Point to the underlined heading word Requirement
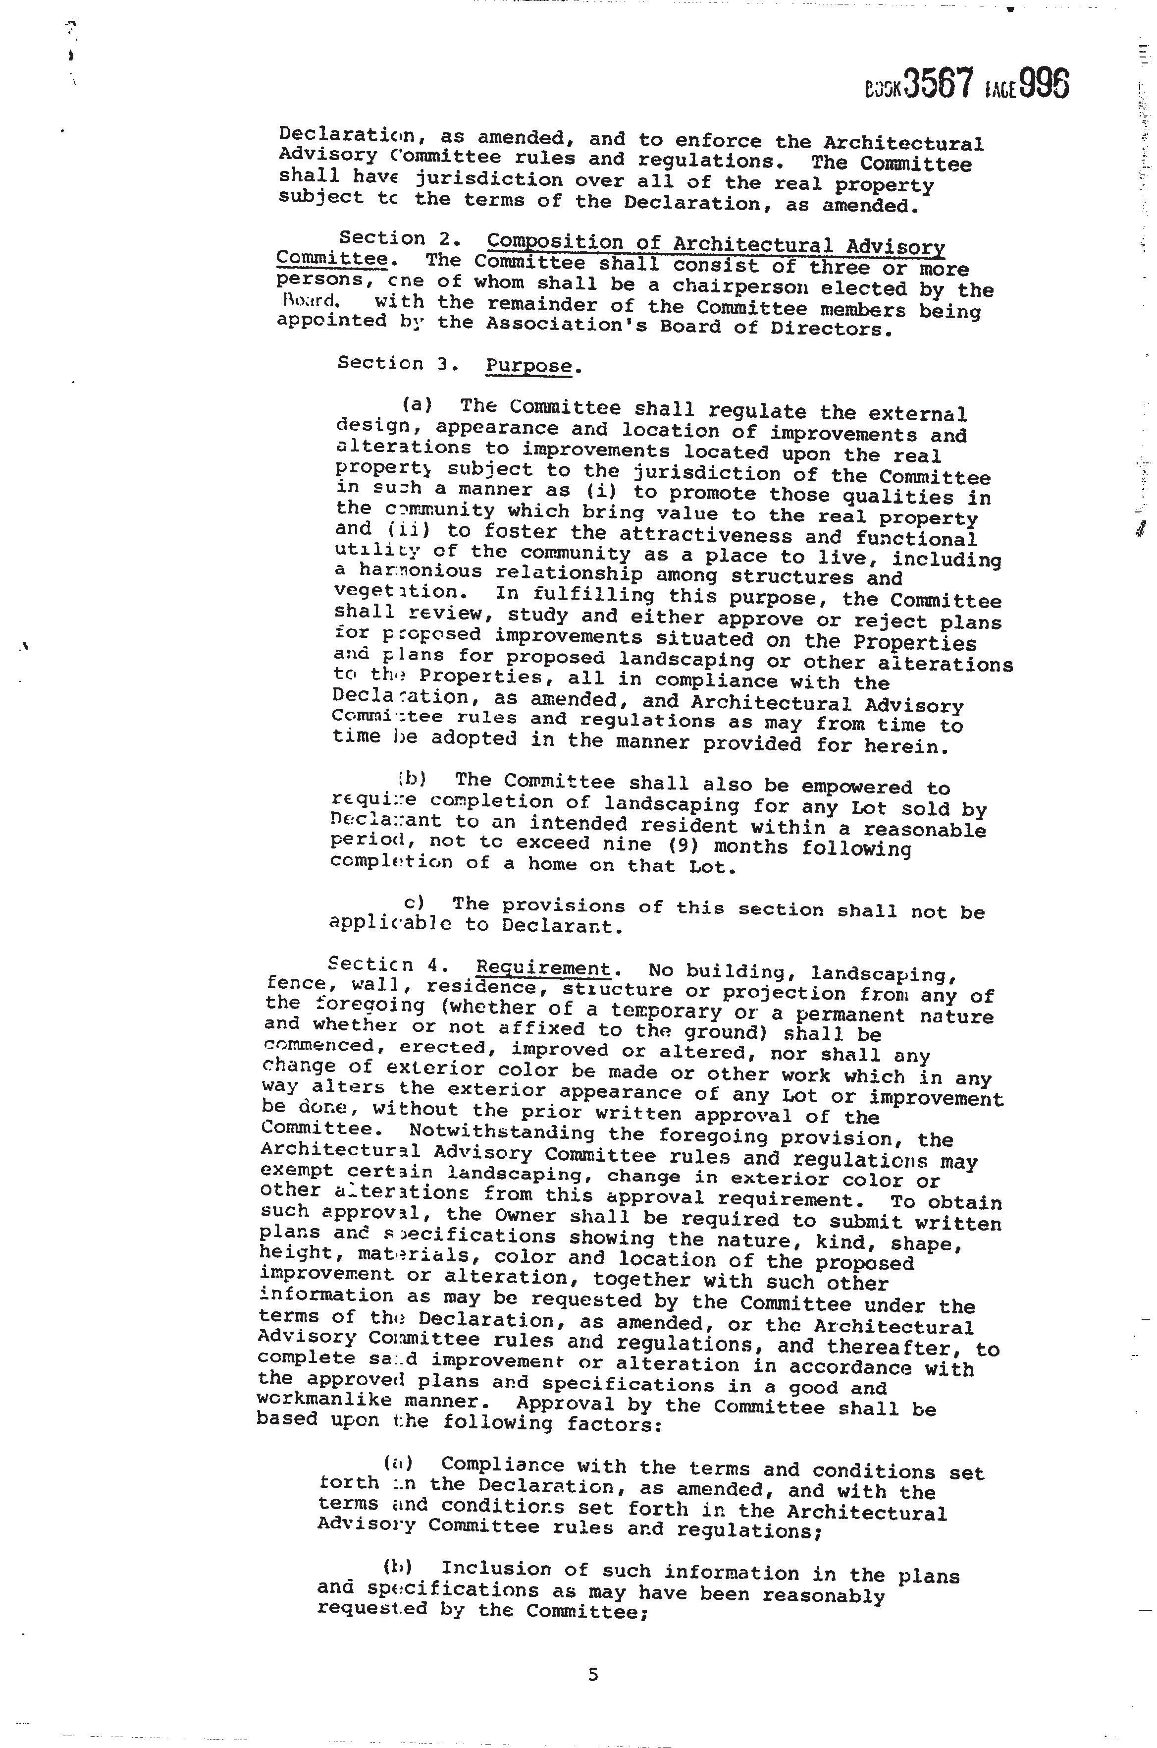tap(543, 968)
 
